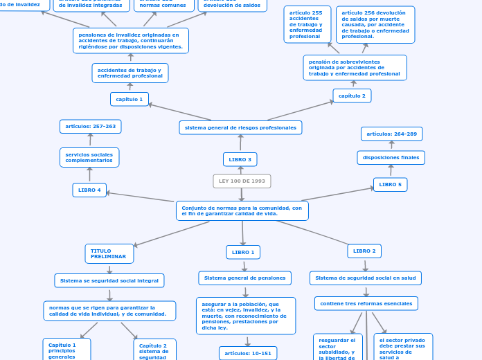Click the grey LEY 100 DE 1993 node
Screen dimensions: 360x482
click(x=242, y=181)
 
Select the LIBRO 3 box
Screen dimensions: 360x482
click(x=240, y=160)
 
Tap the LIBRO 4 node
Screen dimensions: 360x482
click(x=89, y=190)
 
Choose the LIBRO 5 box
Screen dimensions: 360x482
click(x=390, y=185)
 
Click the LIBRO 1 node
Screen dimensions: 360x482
click(x=243, y=252)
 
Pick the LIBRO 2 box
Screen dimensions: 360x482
click(x=364, y=251)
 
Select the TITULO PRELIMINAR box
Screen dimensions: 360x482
click(x=109, y=254)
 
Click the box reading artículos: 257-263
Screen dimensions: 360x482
click(x=91, y=126)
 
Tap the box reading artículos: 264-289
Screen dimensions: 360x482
click(x=391, y=134)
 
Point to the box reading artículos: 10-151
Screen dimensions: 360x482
click(x=248, y=353)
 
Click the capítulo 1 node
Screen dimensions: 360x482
click(x=130, y=100)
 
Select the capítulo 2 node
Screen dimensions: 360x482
click(x=352, y=96)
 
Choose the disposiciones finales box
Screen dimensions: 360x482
click(x=391, y=158)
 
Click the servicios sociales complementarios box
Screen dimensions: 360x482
click(x=89, y=157)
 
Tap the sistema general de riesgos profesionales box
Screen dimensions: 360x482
click(x=240, y=127)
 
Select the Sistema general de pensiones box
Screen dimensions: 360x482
click(x=244, y=278)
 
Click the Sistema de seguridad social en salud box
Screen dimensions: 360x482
click(x=365, y=278)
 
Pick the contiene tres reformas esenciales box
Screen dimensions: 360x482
click(x=366, y=303)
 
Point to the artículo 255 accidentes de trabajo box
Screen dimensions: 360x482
click(x=307, y=24)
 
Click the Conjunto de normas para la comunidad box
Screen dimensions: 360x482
click(x=242, y=210)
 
